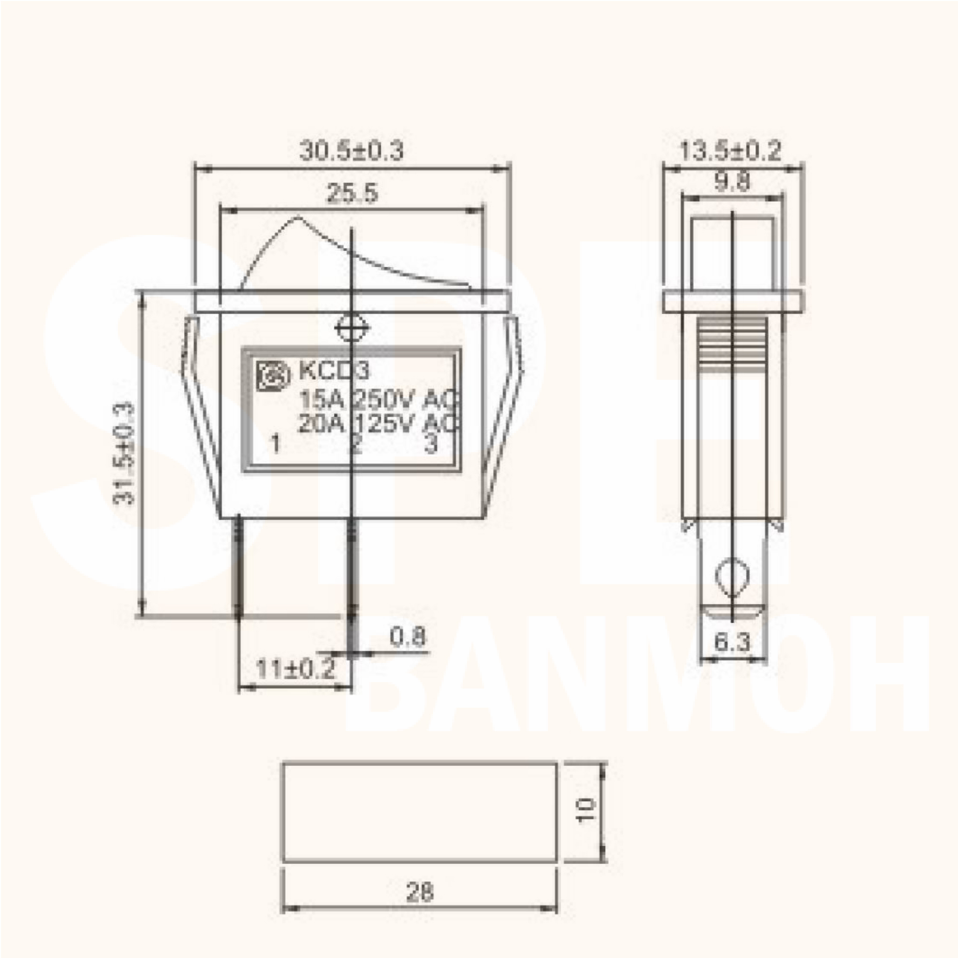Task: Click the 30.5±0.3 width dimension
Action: point(351,151)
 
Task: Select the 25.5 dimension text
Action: point(352,194)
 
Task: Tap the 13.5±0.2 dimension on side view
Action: point(730,151)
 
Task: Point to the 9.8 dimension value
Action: point(732,182)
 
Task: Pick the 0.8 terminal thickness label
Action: point(408,637)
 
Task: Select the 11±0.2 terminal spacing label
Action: point(296,670)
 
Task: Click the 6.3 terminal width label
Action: point(732,643)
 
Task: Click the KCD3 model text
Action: point(334,370)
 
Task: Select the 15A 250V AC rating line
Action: point(377,399)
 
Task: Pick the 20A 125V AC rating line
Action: point(377,424)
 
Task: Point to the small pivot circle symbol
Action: point(352,328)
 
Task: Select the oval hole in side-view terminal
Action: point(732,576)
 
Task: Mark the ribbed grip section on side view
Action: point(732,342)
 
